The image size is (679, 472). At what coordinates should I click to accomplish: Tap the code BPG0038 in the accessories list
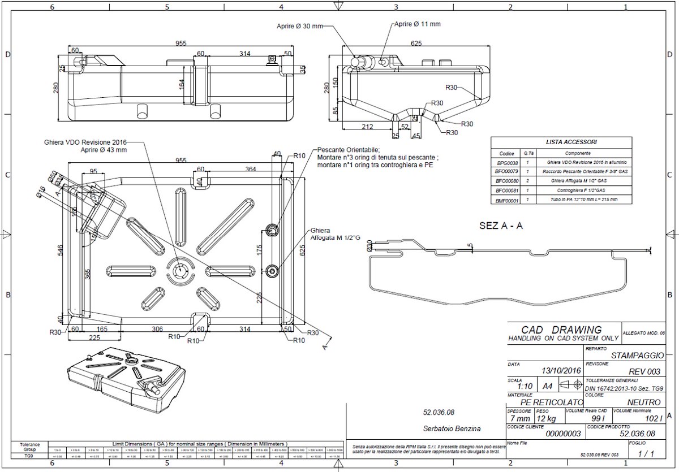[x=506, y=162]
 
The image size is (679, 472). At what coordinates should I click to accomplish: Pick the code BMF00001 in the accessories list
[x=506, y=200]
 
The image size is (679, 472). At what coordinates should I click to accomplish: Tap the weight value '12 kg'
[x=547, y=419]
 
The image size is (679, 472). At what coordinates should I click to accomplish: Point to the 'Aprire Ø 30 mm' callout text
[x=299, y=26]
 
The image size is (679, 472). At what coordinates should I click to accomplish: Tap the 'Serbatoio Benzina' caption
[x=451, y=428]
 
